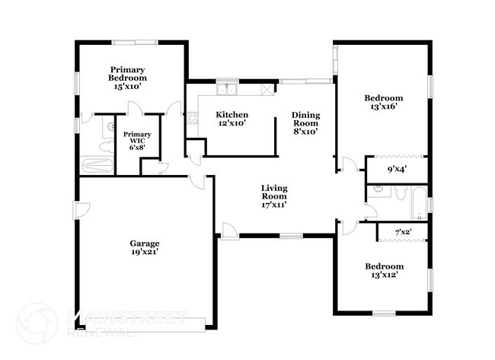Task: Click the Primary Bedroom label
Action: (x=127, y=73)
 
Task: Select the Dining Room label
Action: (x=306, y=120)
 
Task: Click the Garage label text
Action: (x=144, y=244)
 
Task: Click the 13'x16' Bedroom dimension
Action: (x=383, y=107)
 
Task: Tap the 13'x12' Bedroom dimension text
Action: (x=383, y=275)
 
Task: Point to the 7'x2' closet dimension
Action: (x=402, y=231)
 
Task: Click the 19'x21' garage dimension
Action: (x=144, y=253)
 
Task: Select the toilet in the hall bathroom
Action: (x=398, y=193)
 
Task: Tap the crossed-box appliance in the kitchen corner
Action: (x=267, y=90)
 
